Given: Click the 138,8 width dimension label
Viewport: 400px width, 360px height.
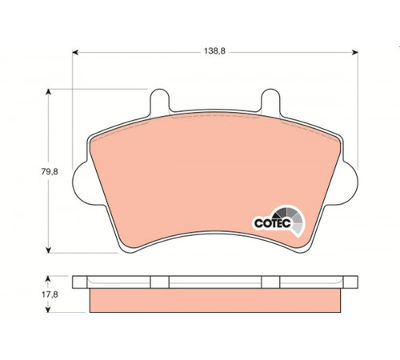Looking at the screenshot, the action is (214, 51).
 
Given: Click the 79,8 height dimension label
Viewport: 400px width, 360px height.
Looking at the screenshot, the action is (50, 172).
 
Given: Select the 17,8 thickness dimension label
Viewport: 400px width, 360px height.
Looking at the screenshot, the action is (50, 294).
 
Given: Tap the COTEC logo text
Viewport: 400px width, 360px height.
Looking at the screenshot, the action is (272, 223).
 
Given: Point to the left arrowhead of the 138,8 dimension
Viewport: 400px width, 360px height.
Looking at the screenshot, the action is (75, 53).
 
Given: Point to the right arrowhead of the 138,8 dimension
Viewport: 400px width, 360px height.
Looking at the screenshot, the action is (355, 53).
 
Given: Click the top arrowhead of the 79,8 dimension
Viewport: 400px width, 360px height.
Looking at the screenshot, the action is (48, 92).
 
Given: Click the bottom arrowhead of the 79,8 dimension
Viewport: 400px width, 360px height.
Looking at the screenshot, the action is (48, 250).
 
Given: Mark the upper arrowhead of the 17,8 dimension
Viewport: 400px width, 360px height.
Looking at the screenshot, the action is (48, 279).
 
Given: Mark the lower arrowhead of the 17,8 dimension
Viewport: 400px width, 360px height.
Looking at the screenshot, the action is (48, 310).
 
